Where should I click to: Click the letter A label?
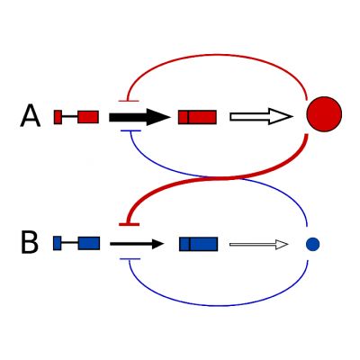30,116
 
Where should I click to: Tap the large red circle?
324,114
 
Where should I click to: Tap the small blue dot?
312,244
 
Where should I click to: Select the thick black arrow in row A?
139,117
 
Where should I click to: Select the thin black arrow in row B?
137,244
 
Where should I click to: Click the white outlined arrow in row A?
261,116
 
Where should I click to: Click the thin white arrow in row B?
258,245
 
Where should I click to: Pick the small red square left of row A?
58,117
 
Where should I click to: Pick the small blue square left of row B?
58,243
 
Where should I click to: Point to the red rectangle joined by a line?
88,117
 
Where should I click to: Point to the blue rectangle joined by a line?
89,243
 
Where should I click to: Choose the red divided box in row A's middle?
197,117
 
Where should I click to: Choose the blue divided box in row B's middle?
199,244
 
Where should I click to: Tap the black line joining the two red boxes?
70,116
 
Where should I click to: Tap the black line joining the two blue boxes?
70,242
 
